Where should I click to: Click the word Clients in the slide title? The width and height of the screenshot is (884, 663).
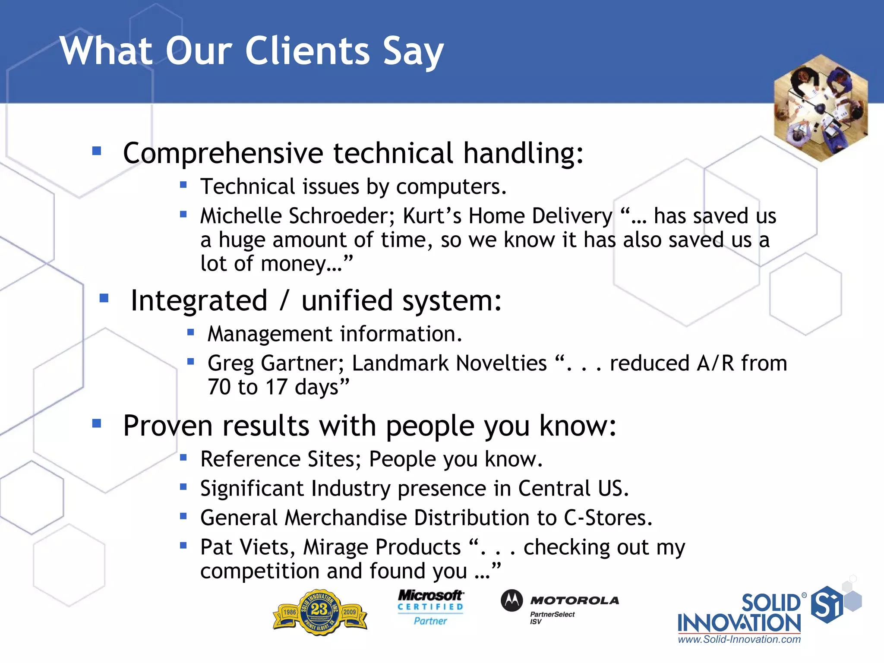[307, 51]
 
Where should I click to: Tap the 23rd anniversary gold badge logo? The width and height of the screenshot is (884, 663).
[320, 612]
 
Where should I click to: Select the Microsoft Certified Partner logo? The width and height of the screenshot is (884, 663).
[430, 608]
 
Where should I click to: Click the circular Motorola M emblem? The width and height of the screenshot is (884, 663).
[511, 600]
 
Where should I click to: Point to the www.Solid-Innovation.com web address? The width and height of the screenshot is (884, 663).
[739, 639]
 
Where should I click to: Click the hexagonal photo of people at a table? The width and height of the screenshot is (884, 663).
[821, 108]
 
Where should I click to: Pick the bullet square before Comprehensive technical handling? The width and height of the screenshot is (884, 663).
[97, 151]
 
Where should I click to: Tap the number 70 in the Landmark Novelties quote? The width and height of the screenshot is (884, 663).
[219, 387]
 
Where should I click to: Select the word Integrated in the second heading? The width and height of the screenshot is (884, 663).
[199, 300]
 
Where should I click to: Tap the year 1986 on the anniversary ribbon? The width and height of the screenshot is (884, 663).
[289, 612]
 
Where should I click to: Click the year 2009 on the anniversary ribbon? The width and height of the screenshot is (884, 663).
[350, 612]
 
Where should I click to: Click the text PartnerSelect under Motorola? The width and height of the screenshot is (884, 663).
[552, 614]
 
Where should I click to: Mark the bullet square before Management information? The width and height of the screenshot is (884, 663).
[191, 332]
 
